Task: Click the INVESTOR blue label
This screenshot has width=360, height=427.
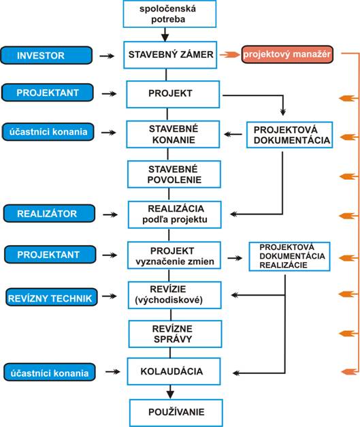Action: coord(46,56)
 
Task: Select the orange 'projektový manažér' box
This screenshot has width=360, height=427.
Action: coord(287,54)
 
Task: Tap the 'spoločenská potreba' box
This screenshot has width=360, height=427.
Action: coord(169,14)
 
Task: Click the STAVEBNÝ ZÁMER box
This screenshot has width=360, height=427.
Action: coord(170,54)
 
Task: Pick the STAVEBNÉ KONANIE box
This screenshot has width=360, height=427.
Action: coord(173,134)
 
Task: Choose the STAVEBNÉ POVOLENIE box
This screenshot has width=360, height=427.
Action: coord(174,174)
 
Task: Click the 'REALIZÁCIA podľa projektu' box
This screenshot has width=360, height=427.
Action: coord(175,215)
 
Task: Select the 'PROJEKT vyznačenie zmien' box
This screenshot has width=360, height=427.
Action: coord(174,255)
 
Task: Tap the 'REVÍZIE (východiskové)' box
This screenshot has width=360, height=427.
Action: coord(175,295)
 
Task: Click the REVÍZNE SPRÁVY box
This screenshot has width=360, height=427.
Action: coord(176,334)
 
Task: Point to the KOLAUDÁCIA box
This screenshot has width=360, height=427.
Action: coord(174,371)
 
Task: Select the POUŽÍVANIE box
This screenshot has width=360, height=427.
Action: coord(176,413)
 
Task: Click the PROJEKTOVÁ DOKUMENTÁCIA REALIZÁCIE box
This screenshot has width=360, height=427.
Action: coord(289,256)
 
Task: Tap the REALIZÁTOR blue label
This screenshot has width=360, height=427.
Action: coord(49,214)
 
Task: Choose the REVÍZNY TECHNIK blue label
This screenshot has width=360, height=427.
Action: coord(52,297)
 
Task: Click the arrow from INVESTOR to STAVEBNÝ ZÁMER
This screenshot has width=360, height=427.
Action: coord(107,56)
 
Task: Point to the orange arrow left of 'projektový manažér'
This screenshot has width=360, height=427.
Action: coord(229,54)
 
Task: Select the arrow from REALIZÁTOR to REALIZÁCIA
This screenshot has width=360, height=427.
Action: coord(110,215)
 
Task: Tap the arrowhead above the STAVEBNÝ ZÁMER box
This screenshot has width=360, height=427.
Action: coord(165,37)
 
